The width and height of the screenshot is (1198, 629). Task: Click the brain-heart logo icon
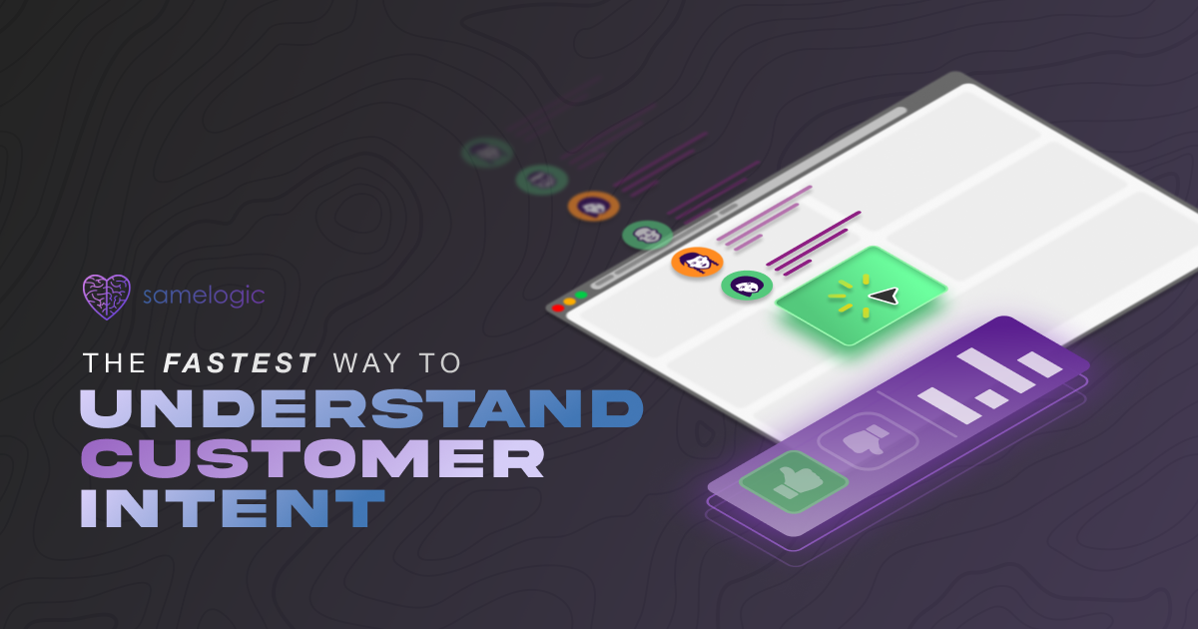click(107, 297)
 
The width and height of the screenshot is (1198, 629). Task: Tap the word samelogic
click(204, 296)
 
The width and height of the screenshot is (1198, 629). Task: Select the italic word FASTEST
click(240, 363)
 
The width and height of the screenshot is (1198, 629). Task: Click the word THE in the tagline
click(115, 363)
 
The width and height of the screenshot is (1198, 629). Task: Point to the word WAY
click(367, 363)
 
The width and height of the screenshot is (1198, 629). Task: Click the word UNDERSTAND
click(361, 408)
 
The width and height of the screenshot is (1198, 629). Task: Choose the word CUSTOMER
click(312, 459)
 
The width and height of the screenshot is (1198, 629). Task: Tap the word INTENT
click(233, 508)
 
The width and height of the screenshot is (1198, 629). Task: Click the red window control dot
click(558, 309)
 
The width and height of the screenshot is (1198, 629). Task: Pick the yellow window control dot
click(570, 302)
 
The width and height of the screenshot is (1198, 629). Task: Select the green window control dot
click(581, 296)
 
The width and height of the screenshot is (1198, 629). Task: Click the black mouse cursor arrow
click(885, 297)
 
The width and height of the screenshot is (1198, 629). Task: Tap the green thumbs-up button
click(794, 481)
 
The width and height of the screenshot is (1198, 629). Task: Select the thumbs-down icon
click(867, 440)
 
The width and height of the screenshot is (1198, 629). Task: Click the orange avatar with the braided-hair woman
click(697, 262)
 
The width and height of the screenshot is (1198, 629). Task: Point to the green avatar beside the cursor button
click(747, 286)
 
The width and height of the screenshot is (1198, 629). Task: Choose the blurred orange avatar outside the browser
click(594, 206)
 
